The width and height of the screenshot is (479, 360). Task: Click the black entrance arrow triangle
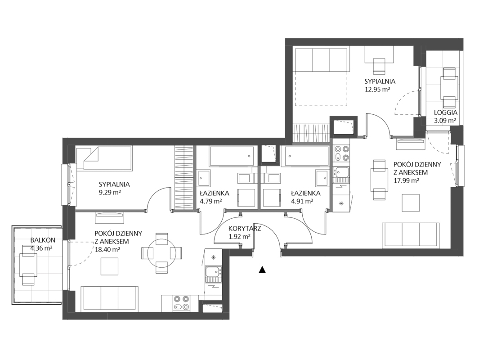point(262,270)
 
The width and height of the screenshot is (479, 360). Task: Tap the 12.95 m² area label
point(378,90)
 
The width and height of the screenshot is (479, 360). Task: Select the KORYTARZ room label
point(244,228)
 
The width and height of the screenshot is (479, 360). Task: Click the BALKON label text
point(43,240)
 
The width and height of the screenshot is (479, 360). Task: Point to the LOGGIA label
point(446,112)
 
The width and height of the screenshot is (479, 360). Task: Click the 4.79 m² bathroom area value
point(211,202)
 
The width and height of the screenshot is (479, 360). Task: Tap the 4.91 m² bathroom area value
point(302,202)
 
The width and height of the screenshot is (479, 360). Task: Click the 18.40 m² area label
point(107,249)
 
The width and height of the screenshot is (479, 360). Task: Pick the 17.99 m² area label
point(406,180)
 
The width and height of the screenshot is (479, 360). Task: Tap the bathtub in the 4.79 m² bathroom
point(232,157)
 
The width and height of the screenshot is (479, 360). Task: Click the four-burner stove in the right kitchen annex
point(342,153)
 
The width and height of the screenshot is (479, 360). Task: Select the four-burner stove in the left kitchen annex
point(181,303)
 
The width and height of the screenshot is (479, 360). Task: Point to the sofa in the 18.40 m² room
point(109,299)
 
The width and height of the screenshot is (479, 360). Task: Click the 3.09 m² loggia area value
point(445,121)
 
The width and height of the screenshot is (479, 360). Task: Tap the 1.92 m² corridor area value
point(240,236)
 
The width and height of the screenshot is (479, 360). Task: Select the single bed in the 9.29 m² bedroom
point(104,158)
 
